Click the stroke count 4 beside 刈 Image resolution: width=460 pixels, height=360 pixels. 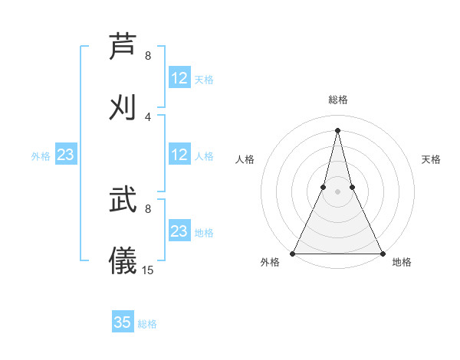(148, 116)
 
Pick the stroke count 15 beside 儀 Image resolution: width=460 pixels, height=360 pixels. (148, 270)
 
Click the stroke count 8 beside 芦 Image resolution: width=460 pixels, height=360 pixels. (148, 56)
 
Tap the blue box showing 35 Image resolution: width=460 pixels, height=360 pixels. (123, 322)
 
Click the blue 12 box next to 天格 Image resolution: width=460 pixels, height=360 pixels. (179, 78)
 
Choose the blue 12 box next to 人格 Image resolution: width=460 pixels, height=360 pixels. (179, 155)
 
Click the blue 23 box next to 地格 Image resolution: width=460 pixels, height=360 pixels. (179, 231)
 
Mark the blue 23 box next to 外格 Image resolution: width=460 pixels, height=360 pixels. (66, 155)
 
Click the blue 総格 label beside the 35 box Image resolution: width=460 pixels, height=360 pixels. (147, 324)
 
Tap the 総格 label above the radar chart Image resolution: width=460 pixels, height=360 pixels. (337, 100)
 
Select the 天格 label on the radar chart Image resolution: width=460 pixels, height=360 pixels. (431, 159)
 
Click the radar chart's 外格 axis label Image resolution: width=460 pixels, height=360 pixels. (270, 262)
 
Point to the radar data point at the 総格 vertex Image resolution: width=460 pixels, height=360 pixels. (337, 129)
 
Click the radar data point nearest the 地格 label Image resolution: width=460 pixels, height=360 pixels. (382, 254)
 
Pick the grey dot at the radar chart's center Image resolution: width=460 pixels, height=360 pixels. (337, 191)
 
